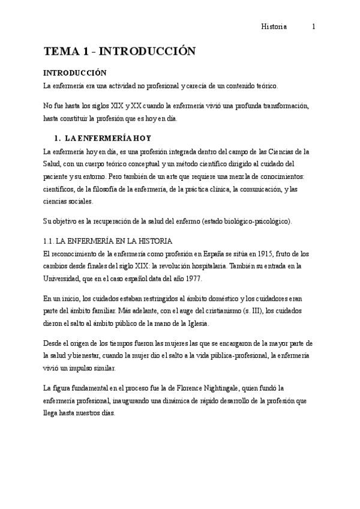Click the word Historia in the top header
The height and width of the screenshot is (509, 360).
pyautogui.click(x=274, y=26)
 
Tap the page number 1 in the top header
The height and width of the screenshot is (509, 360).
pyautogui.click(x=314, y=26)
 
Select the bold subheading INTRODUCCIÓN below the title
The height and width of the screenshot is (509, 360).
pyautogui.click(x=75, y=73)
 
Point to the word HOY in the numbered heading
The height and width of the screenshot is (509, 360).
pyautogui.click(x=140, y=137)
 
